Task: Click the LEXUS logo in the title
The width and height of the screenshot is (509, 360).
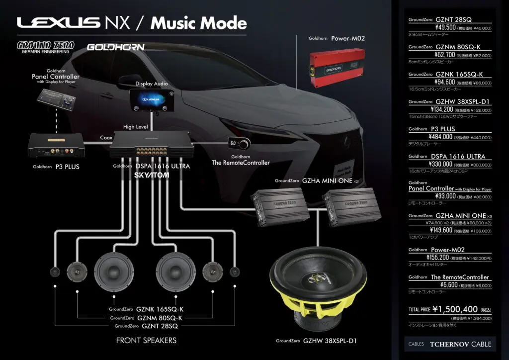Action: point(59,23)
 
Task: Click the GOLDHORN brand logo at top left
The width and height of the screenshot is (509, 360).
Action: point(115,47)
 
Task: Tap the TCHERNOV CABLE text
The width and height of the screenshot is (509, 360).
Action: point(460,344)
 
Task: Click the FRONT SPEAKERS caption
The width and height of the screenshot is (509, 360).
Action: point(146,341)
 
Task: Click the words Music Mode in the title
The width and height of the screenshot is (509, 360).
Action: point(199,23)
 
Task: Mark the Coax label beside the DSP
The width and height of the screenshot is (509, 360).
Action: point(106,138)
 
